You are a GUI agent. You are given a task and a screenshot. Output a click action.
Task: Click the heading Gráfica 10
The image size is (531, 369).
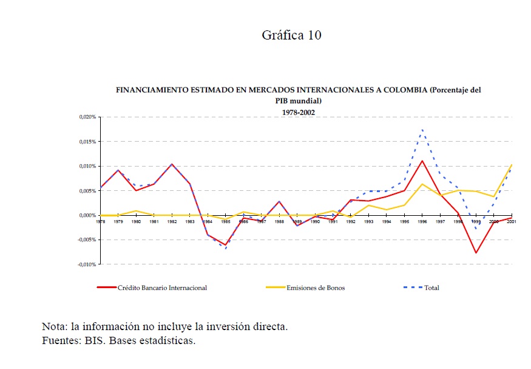(x=291, y=35)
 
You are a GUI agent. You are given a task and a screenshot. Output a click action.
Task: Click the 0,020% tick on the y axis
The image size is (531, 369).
(x=88, y=117)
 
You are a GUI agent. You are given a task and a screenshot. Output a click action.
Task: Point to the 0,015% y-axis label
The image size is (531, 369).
(x=88, y=142)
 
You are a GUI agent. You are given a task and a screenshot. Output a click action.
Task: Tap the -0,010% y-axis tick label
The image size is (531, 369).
(x=87, y=264)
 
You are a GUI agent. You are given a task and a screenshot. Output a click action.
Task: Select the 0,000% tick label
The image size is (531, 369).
(x=88, y=215)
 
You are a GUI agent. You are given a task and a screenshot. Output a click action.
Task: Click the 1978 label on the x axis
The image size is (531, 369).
(x=101, y=222)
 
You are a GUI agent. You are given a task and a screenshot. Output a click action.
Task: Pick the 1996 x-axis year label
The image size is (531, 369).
(x=422, y=222)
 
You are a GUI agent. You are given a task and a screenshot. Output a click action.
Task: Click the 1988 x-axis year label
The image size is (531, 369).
(x=279, y=222)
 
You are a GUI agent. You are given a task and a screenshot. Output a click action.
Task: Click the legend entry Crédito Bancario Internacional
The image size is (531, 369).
(x=162, y=288)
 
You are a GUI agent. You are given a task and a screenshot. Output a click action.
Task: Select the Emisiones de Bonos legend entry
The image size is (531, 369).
(x=315, y=288)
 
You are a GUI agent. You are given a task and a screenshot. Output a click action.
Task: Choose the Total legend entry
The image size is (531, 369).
(x=431, y=288)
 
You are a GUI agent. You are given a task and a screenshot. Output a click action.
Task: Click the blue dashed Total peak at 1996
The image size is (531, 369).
(x=422, y=129)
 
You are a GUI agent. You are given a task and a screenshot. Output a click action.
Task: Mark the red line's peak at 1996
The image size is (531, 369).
(x=422, y=161)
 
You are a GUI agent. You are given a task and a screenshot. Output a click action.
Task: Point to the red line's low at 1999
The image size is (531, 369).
(x=476, y=253)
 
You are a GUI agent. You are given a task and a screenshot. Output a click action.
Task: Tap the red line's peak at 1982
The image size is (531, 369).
(x=172, y=164)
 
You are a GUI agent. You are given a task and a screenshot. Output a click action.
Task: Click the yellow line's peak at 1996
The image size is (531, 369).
(x=422, y=184)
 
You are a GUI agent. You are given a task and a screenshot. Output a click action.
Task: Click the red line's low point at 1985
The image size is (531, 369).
(x=226, y=245)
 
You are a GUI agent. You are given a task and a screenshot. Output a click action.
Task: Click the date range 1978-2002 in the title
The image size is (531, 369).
(x=298, y=112)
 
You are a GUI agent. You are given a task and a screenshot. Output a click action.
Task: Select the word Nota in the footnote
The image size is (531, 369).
(x=54, y=326)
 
